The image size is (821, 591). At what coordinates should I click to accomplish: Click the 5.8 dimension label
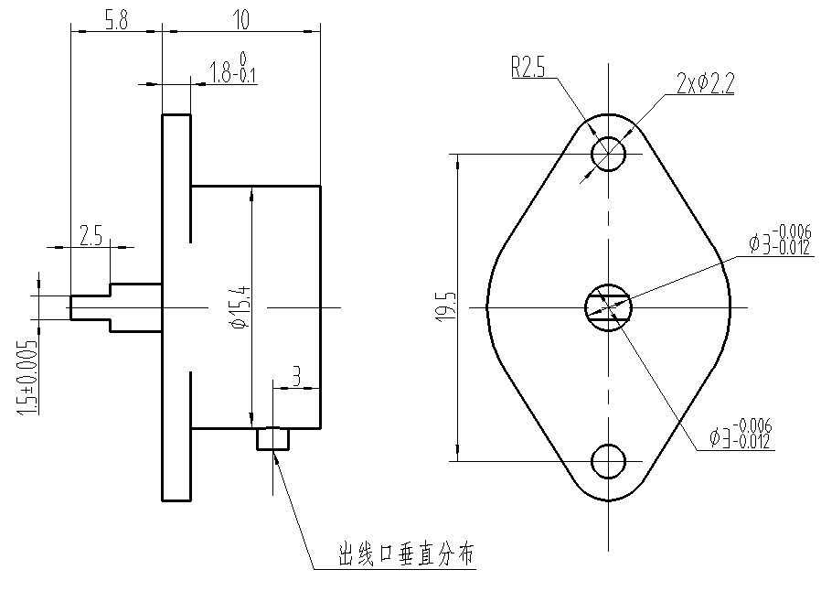[115, 20]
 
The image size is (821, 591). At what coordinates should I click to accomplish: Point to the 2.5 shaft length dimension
[91, 237]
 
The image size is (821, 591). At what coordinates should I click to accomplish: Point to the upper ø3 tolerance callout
[780, 240]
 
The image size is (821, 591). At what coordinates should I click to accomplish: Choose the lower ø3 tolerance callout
[741, 434]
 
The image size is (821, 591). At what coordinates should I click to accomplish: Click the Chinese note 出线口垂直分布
[407, 554]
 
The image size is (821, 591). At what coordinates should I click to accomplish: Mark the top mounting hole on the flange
[608, 154]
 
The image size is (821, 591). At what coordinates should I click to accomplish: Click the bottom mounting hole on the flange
[608, 461]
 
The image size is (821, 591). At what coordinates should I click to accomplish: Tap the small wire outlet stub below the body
[272, 439]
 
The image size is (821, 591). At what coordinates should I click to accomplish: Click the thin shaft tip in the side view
[90, 307]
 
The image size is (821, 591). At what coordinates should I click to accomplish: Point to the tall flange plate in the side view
[176, 307]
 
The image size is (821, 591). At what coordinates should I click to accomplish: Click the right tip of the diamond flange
[729, 307]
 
